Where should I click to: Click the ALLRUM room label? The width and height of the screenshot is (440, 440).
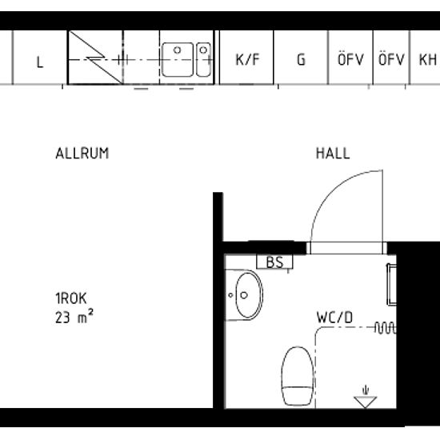click(x=82, y=154)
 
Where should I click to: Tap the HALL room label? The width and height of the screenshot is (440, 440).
click(x=333, y=154)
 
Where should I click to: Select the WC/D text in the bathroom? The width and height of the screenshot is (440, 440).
click(x=334, y=318)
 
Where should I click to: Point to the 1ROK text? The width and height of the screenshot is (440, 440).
click(x=71, y=298)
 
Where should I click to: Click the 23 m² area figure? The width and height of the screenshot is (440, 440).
click(x=74, y=317)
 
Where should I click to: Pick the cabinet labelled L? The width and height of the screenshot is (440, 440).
click(x=40, y=58)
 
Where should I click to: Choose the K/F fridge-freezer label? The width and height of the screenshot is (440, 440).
click(x=247, y=59)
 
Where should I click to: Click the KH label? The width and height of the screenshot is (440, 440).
click(x=428, y=59)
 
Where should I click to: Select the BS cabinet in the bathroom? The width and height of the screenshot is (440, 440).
click(x=274, y=262)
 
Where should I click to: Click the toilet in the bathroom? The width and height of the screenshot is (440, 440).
click(x=298, y=376)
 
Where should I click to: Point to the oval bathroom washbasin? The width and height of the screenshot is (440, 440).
click(x=249, y=295)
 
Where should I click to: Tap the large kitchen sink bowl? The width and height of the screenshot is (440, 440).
click(x=178, y=59)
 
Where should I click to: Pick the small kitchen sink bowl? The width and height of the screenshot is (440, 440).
click(x=203, y=59)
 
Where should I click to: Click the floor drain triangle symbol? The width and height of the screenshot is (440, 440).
click(x=365, y=402)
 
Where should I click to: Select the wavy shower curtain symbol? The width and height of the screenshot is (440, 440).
click(x=386, y=328)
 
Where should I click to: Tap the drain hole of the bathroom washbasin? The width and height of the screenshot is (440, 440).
click(x=244, y=295)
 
